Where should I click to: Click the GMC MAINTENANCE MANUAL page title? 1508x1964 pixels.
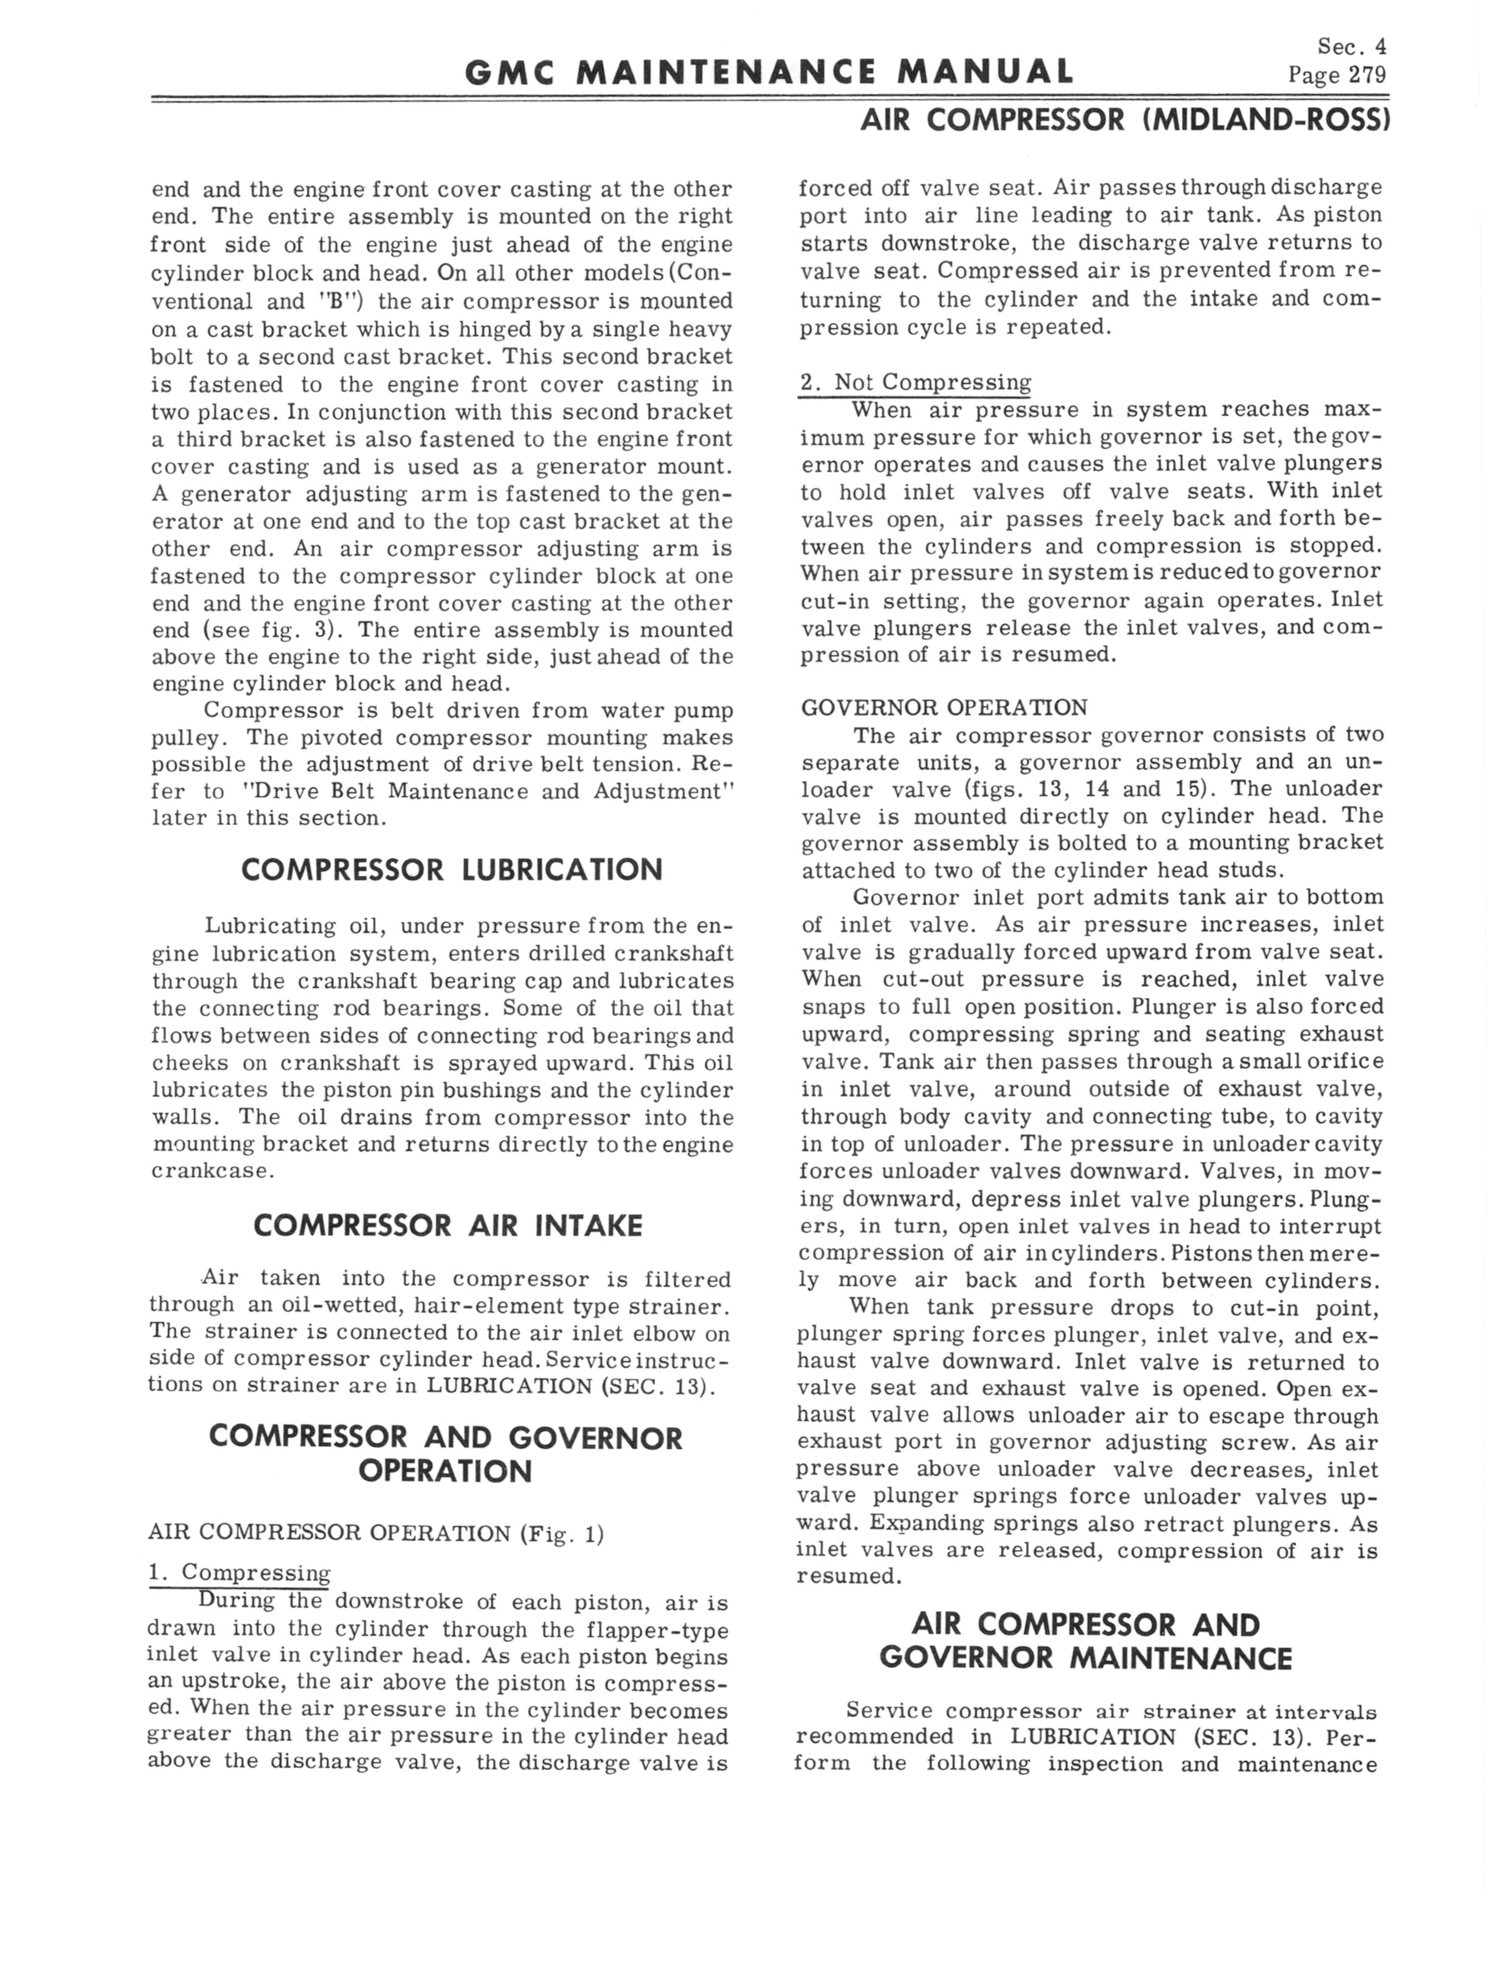coord(769,72)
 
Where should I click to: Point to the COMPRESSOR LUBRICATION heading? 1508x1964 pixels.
coord(452,870)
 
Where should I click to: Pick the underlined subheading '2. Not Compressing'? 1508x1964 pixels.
coord(916,383)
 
